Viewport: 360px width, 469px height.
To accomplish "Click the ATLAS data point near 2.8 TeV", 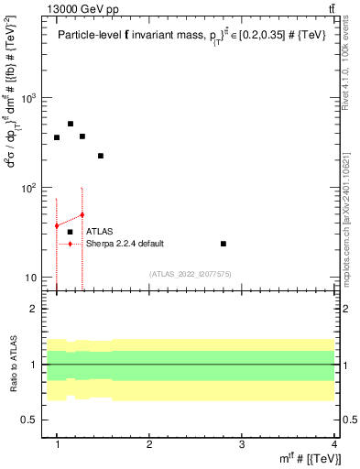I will [x=224, y=244].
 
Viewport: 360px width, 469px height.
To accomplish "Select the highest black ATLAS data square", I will [x=70, y=124].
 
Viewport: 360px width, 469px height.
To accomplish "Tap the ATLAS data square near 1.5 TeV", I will [x=101, y=156].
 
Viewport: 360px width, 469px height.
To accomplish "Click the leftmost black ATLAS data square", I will [x=57, y=137].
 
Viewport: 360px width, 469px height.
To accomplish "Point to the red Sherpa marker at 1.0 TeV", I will [x=57, y=225].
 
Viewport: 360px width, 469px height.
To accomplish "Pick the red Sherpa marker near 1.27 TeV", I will [x=82, y=214].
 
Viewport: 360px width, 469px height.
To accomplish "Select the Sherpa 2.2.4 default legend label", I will [x=125, y=244].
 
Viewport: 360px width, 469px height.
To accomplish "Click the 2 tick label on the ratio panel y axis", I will [x=38, y=309].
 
